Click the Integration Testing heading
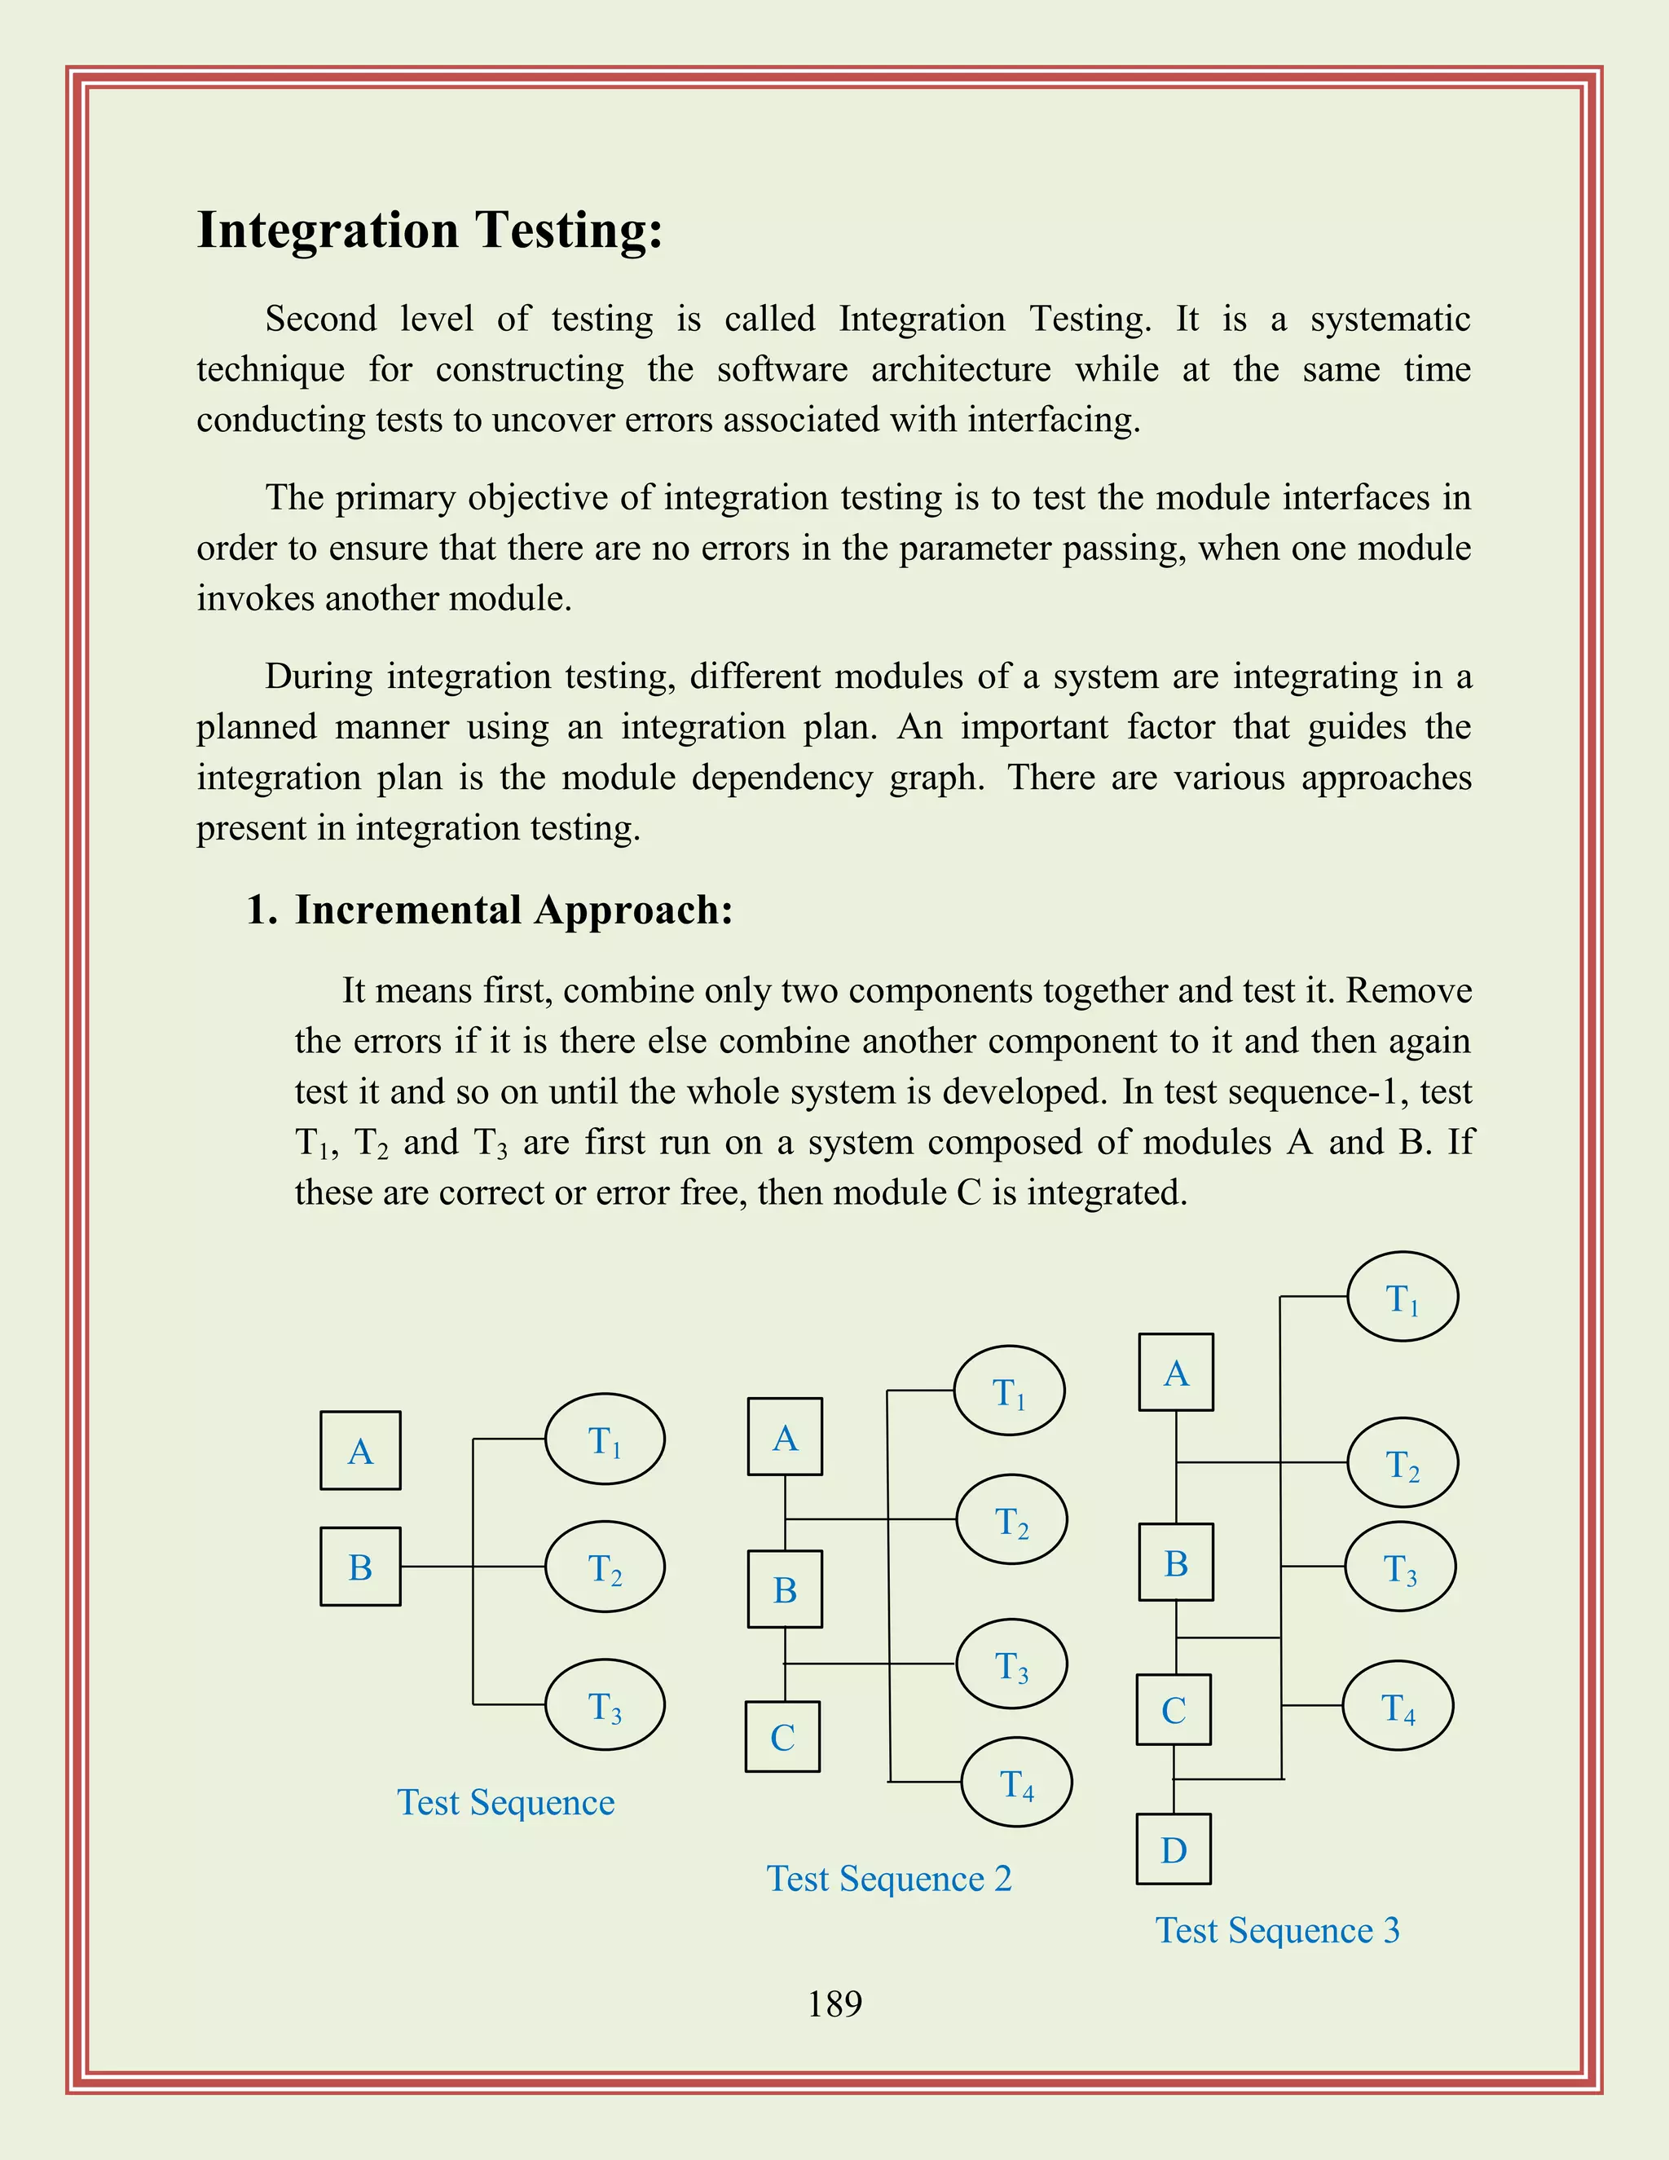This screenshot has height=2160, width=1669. [429, 231]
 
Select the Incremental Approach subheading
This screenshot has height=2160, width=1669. [513, 910]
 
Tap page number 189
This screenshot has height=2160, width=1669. [834, 2004]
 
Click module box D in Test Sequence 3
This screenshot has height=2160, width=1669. [1174, 1849]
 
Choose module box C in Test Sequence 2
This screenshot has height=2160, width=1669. [782, 1737]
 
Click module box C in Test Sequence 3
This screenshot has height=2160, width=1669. [1174, 1710]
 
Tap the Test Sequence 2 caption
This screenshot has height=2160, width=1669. [889, 1878]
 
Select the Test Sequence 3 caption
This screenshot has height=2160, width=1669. [1278, 1929]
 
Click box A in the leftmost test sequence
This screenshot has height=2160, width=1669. [360, 1451]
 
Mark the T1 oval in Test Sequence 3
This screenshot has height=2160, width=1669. [1402, 1297]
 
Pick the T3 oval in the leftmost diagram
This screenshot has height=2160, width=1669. [606, 1705]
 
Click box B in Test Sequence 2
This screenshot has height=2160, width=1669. [785, 1589]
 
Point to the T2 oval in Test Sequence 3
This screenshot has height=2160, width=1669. [1402, 1463]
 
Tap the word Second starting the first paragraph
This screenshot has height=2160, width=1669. [320, 320]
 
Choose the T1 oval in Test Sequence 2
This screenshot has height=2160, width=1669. [1009, 1391]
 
